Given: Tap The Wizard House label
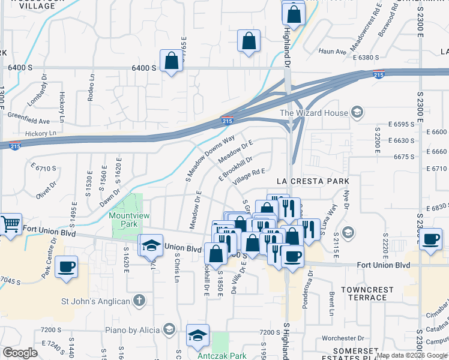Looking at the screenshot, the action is tap(314, 112).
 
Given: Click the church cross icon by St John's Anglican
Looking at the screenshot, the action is tap(139, 299).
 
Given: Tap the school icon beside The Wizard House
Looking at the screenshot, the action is tap(357, 112).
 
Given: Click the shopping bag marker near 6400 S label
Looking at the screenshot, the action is tap(172, 61).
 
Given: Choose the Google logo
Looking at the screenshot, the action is tap(20, 353).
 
